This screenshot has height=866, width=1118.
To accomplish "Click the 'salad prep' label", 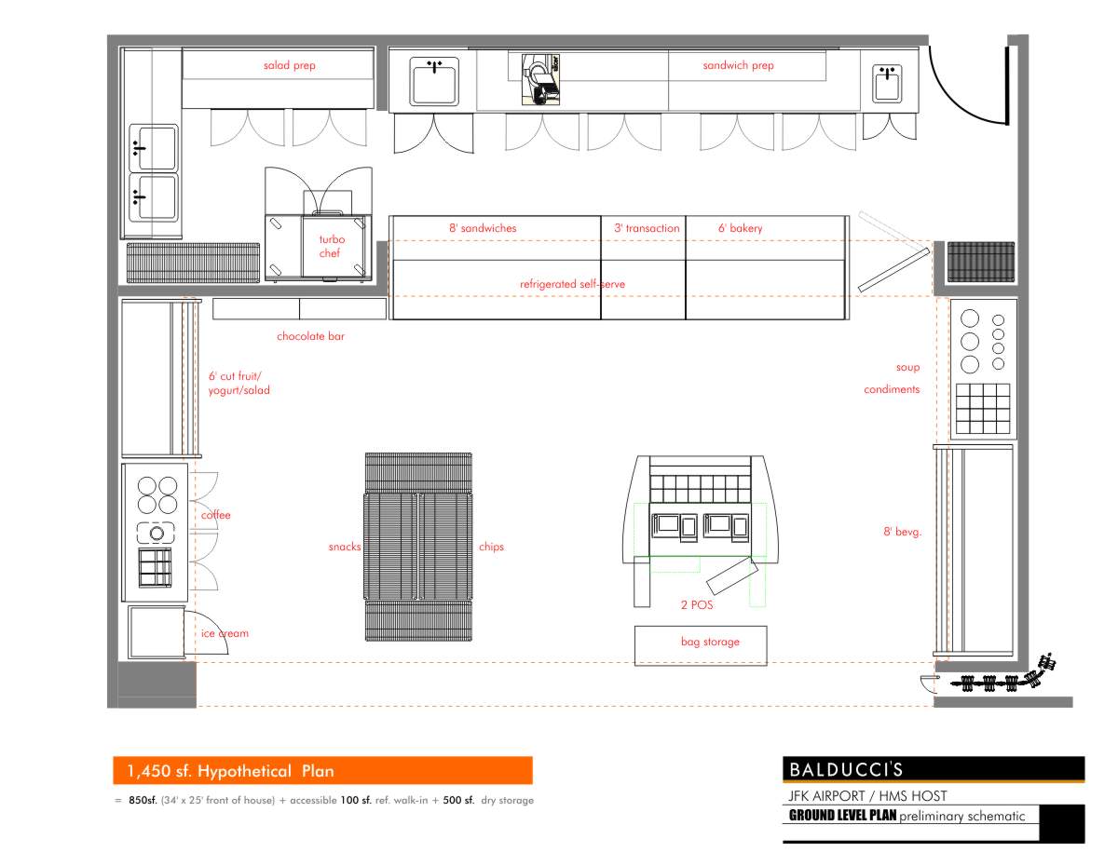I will coord(289,66).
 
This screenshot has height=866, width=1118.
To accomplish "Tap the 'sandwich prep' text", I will coord(738,66).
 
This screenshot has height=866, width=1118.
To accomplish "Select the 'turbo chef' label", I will coord(332,247).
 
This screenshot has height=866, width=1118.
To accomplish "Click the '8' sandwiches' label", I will coord(482,228).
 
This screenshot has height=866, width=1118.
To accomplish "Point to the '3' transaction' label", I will coord(647,228).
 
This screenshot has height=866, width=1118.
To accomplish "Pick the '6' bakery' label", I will coord(740,228).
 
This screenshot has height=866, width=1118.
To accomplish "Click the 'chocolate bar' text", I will coord(310,336).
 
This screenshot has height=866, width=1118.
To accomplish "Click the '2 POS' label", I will coord(696,604).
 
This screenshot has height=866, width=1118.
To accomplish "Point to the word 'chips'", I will coord(491,547).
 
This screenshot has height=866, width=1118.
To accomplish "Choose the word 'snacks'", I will coord(344,547).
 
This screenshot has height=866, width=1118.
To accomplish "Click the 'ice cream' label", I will coord(225,633).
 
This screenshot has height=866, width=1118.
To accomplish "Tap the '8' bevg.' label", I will coord(902,532).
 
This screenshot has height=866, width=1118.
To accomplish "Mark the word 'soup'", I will coord(907,368).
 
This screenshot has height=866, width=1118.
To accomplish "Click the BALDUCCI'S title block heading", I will coord(846,770).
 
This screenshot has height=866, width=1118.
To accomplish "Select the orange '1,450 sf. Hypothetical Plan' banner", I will coord(322,771).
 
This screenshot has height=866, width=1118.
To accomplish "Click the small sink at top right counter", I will coord(886,83).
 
